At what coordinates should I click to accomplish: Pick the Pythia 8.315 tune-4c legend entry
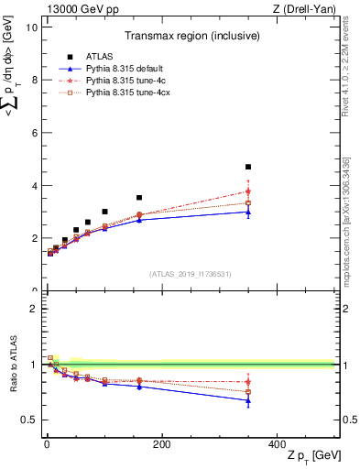[x=120, y=82]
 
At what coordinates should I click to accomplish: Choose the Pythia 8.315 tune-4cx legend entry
[x=123, y=93]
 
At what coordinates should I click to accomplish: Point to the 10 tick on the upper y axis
[x=32, y=27]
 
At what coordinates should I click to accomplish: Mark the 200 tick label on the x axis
[x=161, y=444]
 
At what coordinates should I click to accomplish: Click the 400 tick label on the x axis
[x=277, y=444]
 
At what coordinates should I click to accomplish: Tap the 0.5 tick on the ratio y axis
[x=30, y=420]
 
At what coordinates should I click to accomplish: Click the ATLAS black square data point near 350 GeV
[x=248, y=167]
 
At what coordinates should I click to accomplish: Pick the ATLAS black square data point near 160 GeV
[x=139, y=197]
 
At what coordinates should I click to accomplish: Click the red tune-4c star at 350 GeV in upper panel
[x=248, y=191]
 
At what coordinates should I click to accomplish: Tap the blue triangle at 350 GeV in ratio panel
[x=248, y=400]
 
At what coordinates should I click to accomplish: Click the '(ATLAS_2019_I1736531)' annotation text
[x=189, y=274]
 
